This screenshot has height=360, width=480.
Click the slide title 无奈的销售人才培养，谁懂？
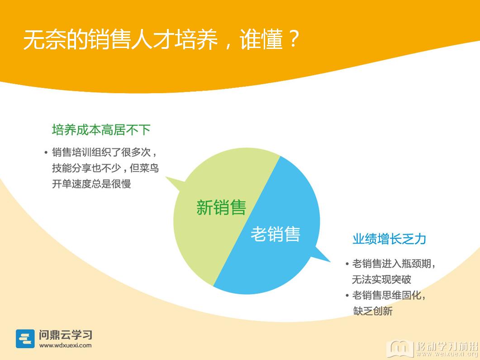[x=161, y=39]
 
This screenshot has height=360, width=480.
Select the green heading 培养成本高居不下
[x=101, y=130]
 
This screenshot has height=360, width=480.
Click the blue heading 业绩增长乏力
[x=389, y=239]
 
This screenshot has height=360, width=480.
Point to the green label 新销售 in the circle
[x=221, y=207]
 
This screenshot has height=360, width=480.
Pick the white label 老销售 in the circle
[x=275, y=235]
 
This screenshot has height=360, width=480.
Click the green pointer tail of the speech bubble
[x=175, y=183]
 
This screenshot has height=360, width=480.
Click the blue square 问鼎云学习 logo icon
[x=25, y=339]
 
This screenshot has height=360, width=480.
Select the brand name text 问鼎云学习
[x=66, y=335]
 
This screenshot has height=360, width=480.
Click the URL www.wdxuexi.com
[x=65, y=346]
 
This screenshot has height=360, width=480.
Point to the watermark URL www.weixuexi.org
[x=447, y=354]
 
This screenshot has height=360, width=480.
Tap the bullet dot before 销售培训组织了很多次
[x=46, y=152]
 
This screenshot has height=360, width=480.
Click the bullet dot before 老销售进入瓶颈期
[x=347, y=264]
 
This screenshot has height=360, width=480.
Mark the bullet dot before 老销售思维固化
[x=347, y=296]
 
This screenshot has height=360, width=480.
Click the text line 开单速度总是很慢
[x=91, y=184]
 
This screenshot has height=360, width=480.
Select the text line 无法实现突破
[x=381, y=279]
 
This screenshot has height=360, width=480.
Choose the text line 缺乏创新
[x=372, y=311]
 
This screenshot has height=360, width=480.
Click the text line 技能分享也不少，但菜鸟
[x=105, y=168]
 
